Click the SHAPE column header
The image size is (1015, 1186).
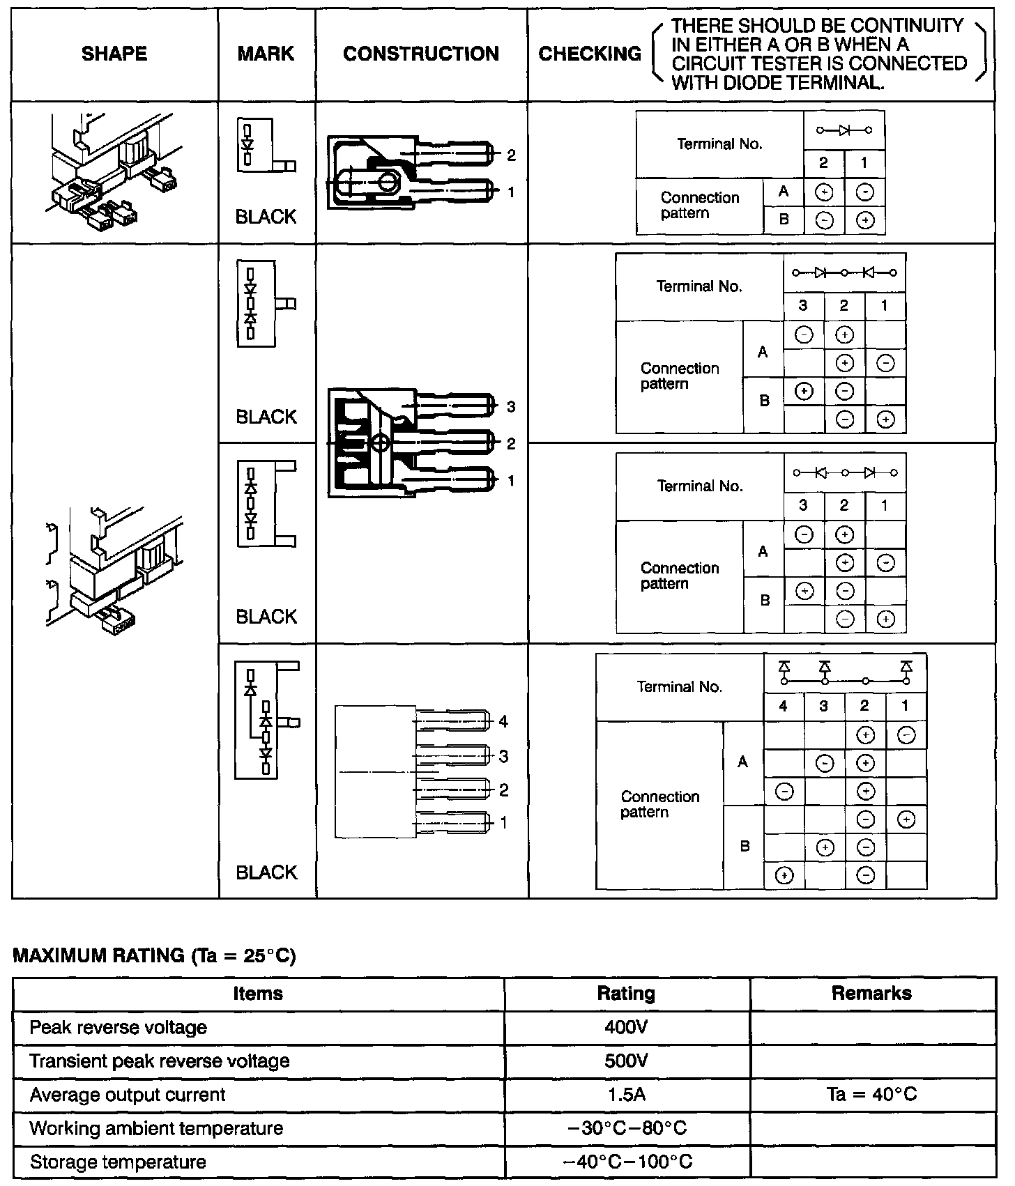pos(114,54)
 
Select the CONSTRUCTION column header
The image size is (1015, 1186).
pos(421,54)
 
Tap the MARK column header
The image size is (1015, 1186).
pos(266,54)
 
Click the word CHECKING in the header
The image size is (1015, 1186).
pos(590,54)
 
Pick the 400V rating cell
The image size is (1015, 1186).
pos(626,1028)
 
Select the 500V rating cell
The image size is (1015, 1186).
pos(626,1061)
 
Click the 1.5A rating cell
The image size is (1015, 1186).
pos(626,1095)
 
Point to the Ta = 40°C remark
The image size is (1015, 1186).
pos(871,1095)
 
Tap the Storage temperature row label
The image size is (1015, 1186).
pos(118,1162)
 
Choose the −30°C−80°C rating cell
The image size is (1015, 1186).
pos(626,1129)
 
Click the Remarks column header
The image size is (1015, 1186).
pos(871,994)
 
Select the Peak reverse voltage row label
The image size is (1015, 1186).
pos(118,1028)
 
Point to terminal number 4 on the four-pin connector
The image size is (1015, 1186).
pos(503,722)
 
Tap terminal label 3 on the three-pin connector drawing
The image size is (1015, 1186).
pos(511,407)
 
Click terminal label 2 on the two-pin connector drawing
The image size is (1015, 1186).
pos(511,155)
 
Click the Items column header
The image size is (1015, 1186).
pos(258,994)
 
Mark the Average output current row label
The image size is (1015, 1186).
pos(128,1095)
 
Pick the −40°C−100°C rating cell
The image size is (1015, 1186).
pos(626,1162)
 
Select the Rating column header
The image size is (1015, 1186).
pos(626,994)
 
